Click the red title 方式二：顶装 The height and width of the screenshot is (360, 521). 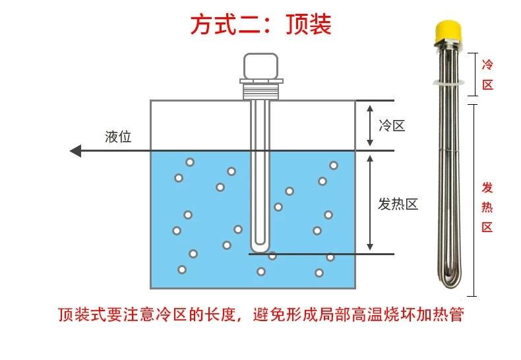coord(260,24)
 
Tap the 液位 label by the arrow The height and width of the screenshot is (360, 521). coord(119,137)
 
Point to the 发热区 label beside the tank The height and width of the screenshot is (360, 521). coord(398,204)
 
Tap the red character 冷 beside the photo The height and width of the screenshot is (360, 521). coord(487,65)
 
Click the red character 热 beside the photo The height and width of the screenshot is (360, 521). coord(487,208)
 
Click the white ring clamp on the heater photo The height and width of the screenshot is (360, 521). coord(448,82)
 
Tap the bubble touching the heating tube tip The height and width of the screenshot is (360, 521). coord(272,256)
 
